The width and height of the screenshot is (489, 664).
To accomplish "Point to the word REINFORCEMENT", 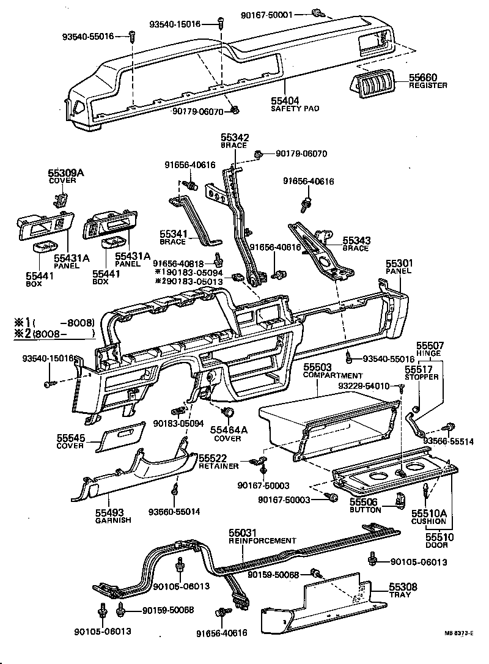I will coord(262,540).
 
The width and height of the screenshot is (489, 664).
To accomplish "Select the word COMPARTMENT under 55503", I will coord(333,375).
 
